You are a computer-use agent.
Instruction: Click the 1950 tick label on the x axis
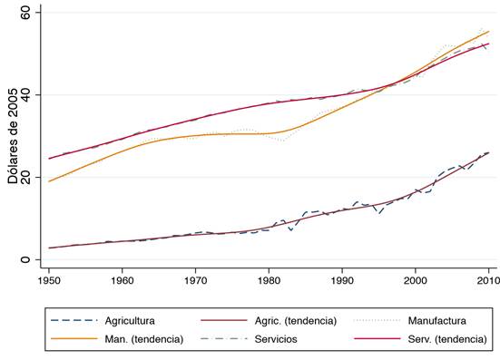(49, 281)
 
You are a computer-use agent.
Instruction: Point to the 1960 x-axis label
(123, 281)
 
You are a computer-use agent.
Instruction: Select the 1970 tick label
(195, 281)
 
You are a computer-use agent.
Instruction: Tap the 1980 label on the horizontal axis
(269, 281)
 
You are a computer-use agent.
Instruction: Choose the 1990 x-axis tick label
(342, 281)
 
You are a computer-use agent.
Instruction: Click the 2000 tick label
(416, 281)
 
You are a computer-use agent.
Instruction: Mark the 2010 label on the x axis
(488, 281)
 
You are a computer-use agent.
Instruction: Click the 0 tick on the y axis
(25, 259)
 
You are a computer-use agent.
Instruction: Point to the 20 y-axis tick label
(25, 177)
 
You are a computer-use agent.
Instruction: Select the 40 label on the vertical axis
(25, 94)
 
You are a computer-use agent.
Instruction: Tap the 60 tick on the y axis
(25, 13)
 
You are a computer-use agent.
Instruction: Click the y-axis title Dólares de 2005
(13, 136)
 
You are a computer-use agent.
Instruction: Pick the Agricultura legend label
(130, 321)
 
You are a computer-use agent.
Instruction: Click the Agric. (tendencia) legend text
(296, 321)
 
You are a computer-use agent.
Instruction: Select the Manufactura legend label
(436, 320)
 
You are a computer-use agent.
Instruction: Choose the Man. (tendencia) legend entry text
(144, 339)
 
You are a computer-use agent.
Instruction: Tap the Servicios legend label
(276, 339)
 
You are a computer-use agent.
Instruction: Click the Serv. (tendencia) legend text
(447, 339)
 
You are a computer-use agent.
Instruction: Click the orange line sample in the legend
(74, 338)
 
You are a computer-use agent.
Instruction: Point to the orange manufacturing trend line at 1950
(49, 181)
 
